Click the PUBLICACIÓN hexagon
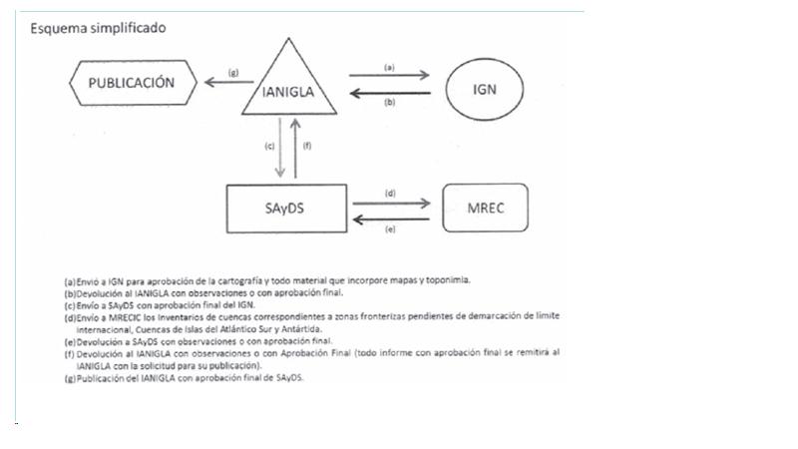(136, 84)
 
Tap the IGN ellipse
(485, 88)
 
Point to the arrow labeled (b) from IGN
(389, 96)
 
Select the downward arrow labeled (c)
(280, 146)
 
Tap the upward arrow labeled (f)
(295, 146)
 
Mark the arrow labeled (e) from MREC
(391, 221)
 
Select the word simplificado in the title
(127, 28)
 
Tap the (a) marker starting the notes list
(69, 282)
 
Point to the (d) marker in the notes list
(69, 316)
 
